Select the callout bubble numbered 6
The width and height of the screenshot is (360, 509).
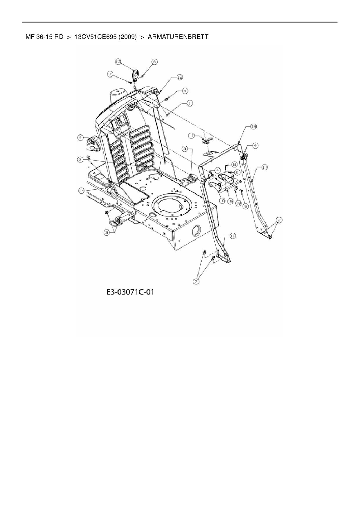[x=154, y=62]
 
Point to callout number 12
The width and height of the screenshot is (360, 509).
[x=180, y=77]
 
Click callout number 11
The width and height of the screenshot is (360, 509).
[x=191, y=136]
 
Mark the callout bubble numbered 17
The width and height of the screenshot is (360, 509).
[x=264, y=167]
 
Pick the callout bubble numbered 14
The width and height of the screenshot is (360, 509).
[x=81, y=190]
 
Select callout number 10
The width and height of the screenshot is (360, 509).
[x=222, y=201]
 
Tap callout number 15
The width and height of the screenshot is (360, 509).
[x=231, y=201]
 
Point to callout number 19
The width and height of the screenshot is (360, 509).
[x=238, y=203]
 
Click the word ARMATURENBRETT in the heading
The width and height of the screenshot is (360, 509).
[x=178, y=37]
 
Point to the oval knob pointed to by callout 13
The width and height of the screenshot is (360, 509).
[x=135, y=76]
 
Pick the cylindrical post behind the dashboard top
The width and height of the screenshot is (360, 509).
[x=118, y=94]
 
